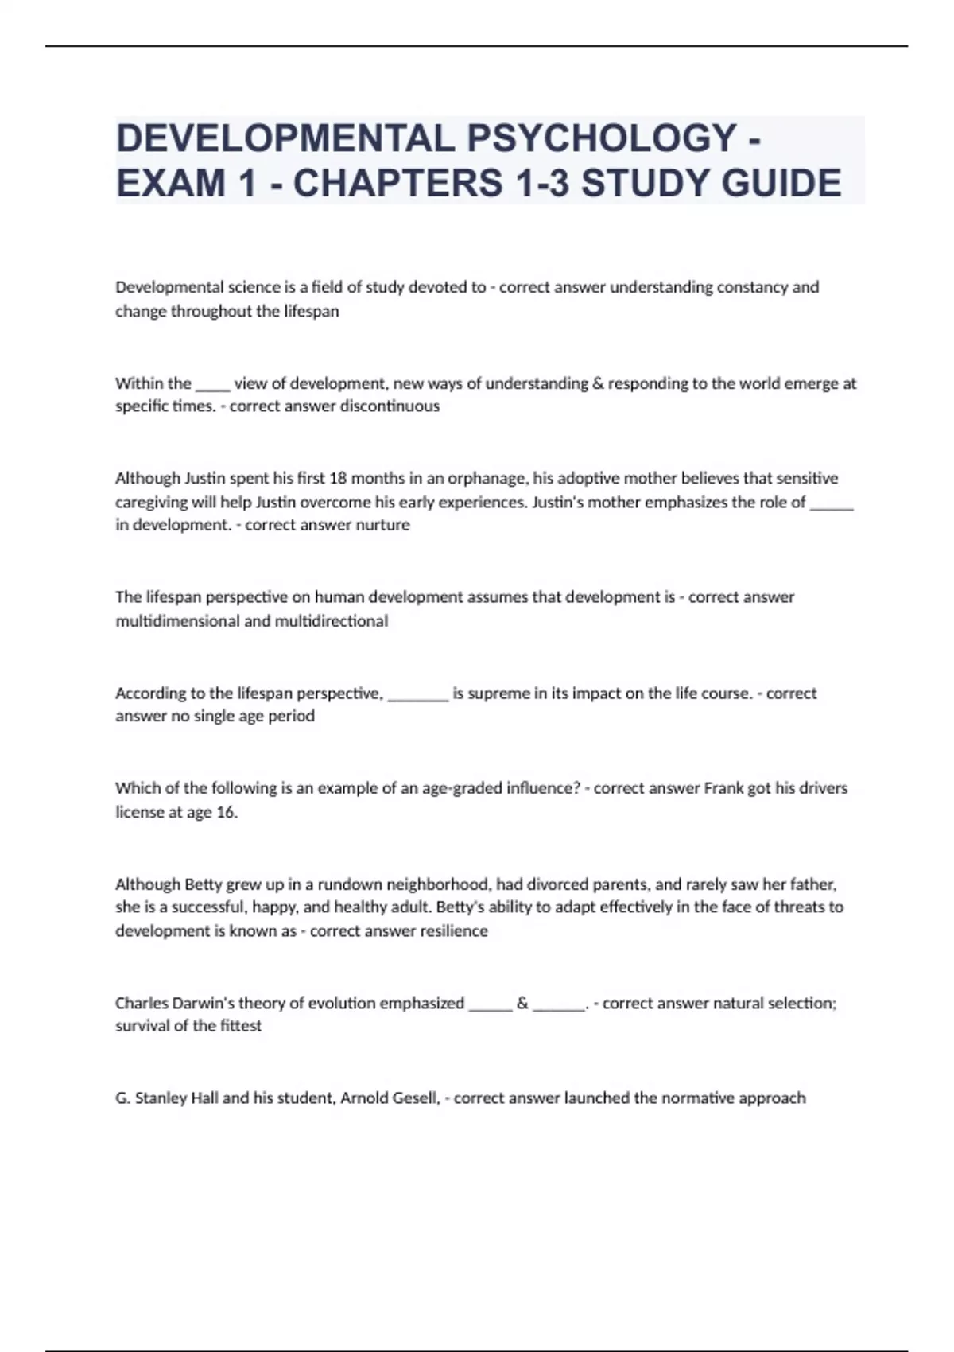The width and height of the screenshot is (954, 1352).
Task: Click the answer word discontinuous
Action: point(390,406)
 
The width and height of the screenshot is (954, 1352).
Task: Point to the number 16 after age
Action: point(227,812)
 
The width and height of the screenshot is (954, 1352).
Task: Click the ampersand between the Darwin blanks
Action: point(522,1003)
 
